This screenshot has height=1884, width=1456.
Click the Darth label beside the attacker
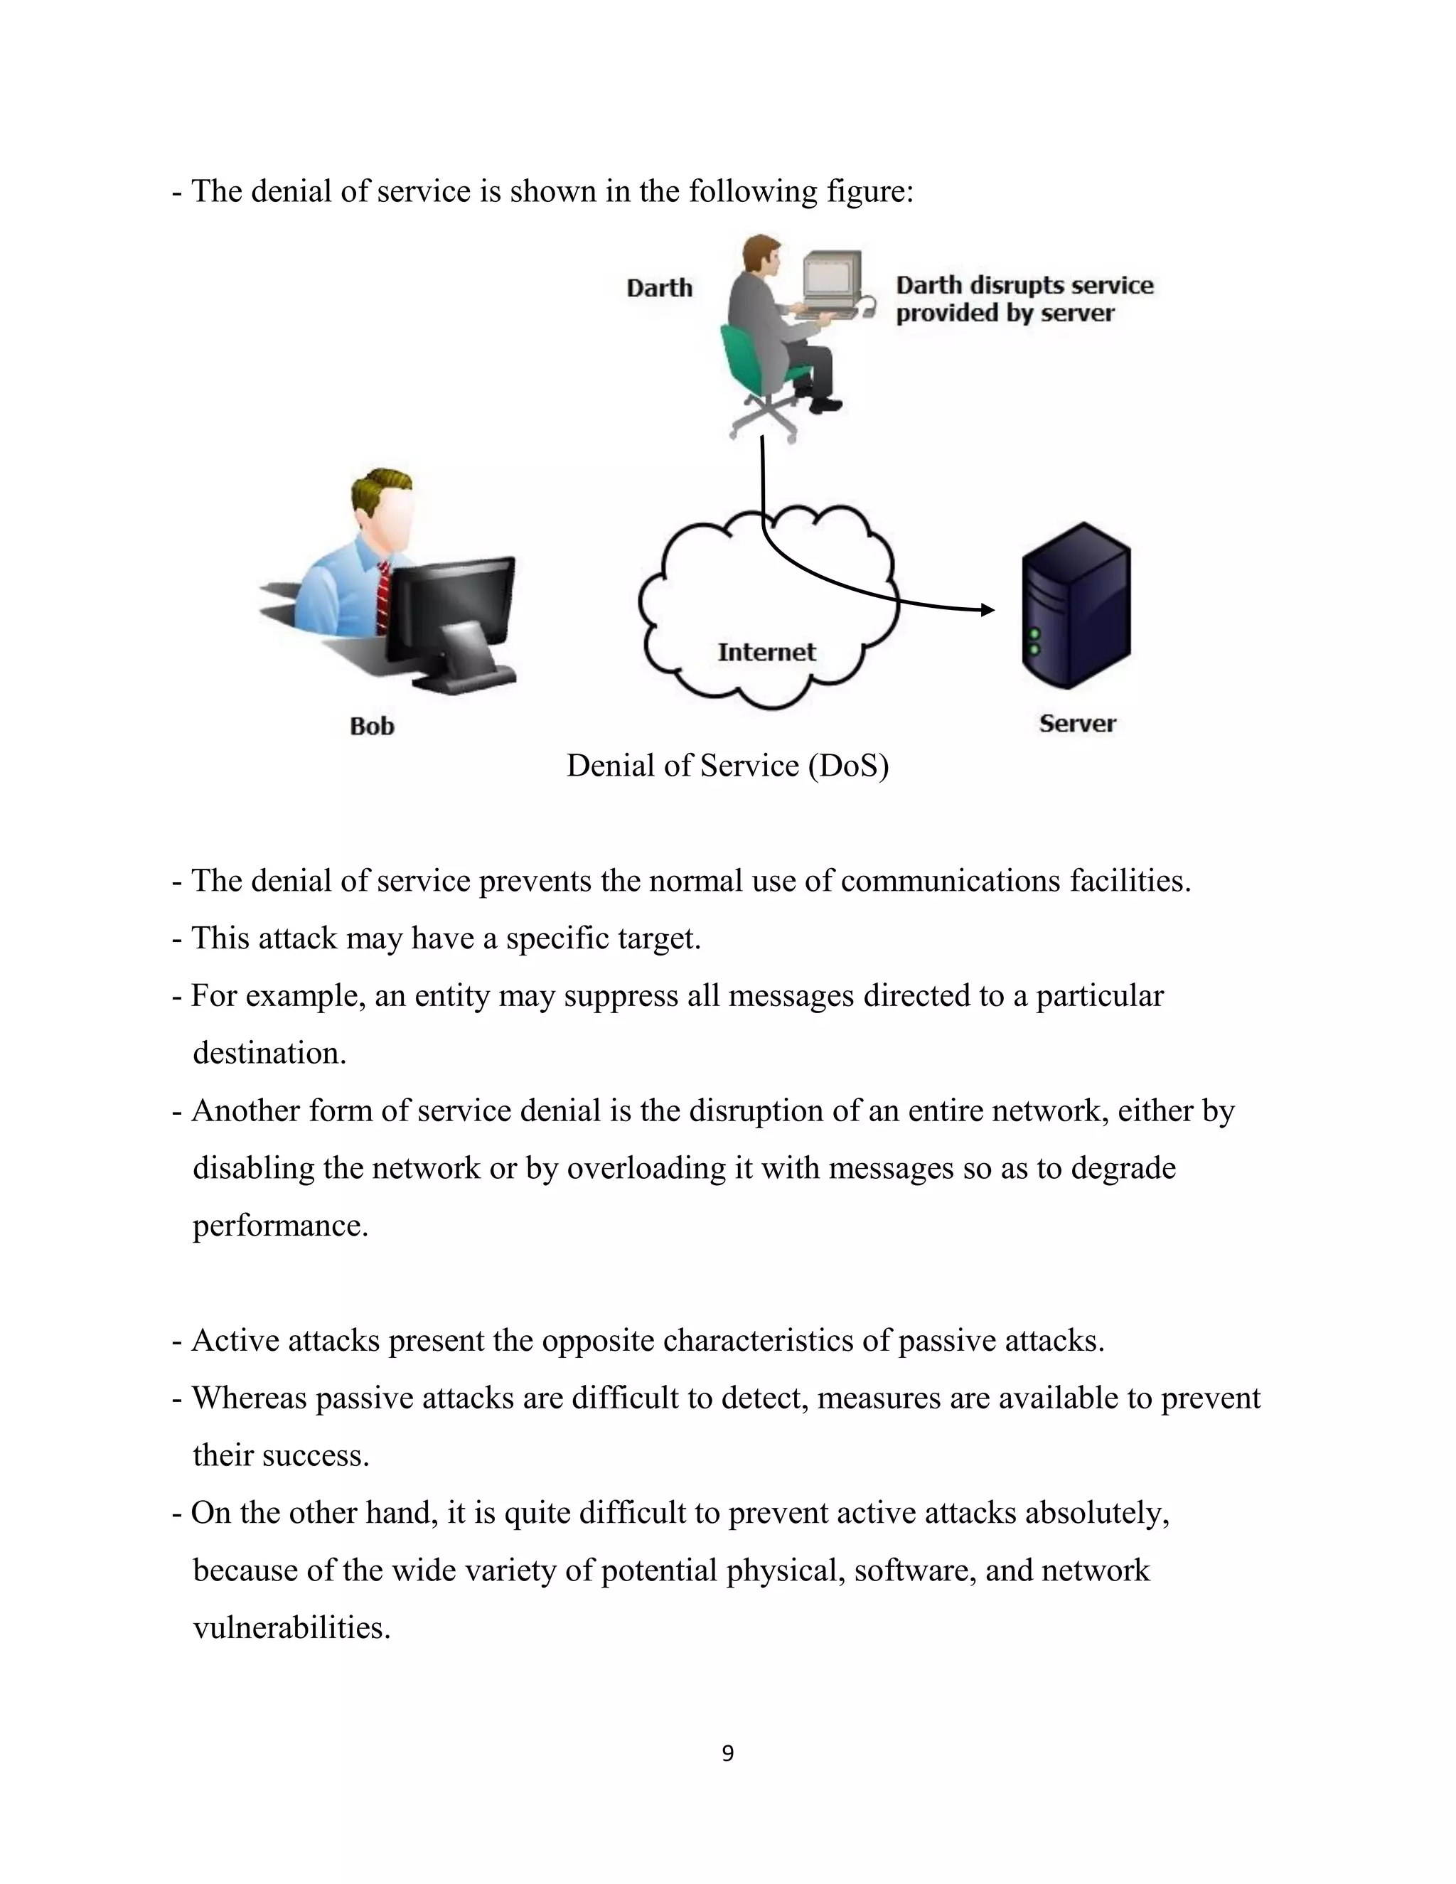(x=659, y=288)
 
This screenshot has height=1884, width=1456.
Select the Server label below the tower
(x=1076, y=723)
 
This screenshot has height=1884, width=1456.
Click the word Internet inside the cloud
(x=766, y=652)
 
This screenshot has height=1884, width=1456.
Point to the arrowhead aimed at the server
(x=987, y=610)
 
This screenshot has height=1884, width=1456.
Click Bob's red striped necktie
(x=382, y=595)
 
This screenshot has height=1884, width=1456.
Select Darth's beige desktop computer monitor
(x=832, y=279)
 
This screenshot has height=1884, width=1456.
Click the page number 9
(x=727, y=1753)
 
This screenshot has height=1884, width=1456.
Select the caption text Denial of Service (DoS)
(x=727, y=766)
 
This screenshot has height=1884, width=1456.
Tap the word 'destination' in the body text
(x=267, y=1054)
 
